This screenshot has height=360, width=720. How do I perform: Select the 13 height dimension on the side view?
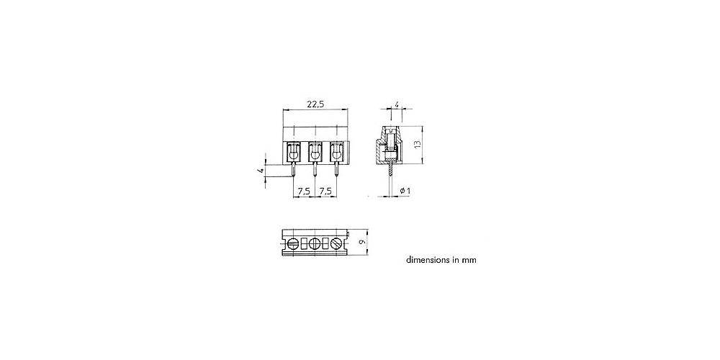click(417, 144)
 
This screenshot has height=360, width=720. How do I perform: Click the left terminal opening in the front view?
click(294, 152)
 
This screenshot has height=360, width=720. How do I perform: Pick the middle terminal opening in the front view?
click(315, 152)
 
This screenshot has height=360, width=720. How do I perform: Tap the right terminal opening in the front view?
click(336, 152)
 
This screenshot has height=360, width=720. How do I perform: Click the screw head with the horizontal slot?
click(294, 243)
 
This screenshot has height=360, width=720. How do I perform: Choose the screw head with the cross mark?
click(315, 243)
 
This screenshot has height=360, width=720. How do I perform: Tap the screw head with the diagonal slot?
click(336, 243)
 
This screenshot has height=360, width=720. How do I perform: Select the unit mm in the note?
click(469, 261)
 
